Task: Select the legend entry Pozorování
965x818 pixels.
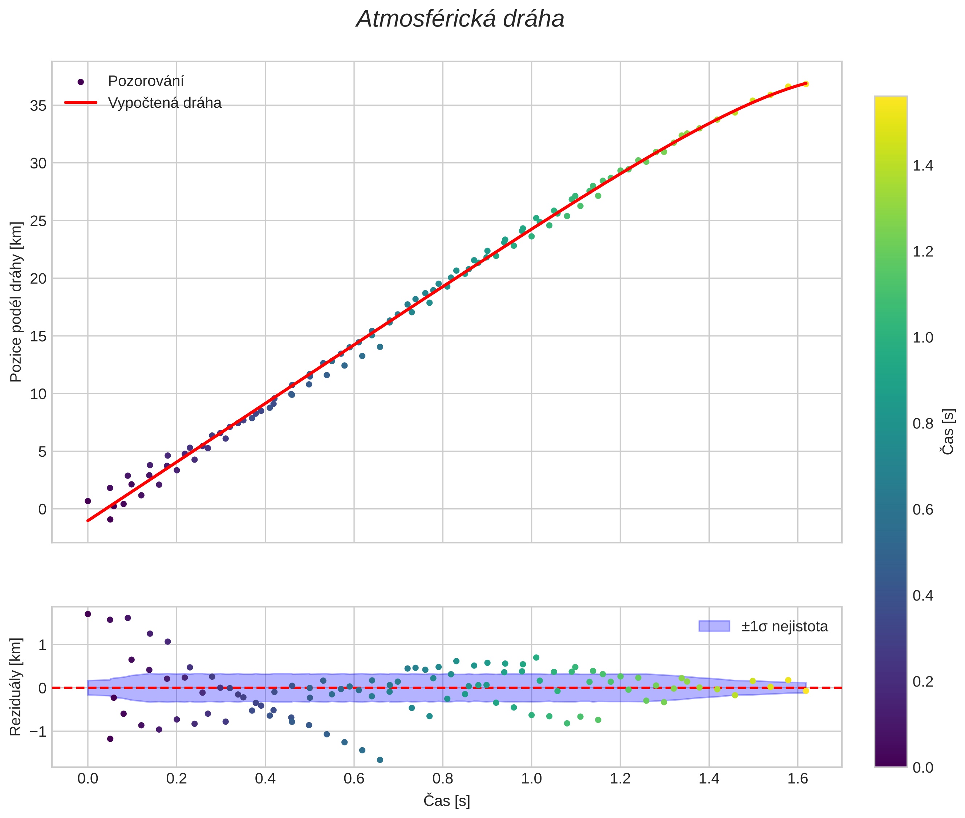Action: point(146,81)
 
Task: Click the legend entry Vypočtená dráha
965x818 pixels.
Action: point(165,103)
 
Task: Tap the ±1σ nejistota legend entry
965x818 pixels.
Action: point(784,627)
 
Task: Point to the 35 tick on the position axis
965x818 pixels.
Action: point(38,106)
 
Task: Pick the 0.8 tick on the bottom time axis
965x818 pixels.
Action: point(443,778)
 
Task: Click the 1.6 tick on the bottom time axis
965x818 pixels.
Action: point(798,778)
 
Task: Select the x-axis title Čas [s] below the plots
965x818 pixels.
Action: point(447,801)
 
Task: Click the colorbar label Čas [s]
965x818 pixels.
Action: point(948,432)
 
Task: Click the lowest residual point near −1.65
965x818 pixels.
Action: point(380,760)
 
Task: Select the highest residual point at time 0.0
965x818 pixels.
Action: point(88,614)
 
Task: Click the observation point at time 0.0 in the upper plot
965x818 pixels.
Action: point(88,501)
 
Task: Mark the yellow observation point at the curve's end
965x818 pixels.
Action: point(806,84)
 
